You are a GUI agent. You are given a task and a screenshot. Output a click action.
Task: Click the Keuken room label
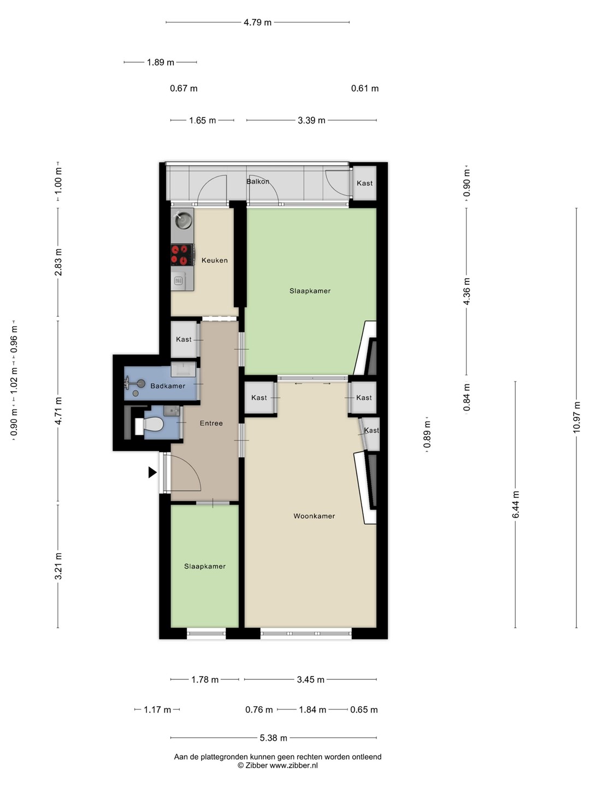[x=214, y=260]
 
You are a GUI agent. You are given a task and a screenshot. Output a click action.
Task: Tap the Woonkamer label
[x=314, y=516]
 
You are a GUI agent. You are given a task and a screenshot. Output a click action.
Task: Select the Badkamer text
[x=168, y=386]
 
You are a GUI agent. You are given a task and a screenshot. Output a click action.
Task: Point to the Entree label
[x=211, y=423]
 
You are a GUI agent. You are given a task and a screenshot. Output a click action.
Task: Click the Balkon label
[x=257, y=181]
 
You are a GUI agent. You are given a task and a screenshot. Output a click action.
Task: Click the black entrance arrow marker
[x=152, y=473]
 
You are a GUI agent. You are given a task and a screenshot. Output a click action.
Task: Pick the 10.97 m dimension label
[x=576, y=418]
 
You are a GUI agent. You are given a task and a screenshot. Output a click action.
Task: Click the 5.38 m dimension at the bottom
[x=273, y=738]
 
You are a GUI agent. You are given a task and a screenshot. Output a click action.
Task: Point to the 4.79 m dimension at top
[x=257, y=22]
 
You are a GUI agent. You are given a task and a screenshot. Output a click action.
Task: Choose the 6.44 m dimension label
[x=516, y=504]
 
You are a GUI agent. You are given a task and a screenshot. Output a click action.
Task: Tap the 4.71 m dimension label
[x=58, y=410]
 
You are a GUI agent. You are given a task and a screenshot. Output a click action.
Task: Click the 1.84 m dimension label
[x=312, y=709]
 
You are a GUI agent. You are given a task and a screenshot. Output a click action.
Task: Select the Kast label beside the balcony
[x=365, y=183]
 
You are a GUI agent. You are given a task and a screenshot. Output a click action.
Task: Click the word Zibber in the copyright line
[x=256, y=766]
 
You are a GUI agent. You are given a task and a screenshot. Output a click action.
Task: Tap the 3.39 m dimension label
[x=311, y=120]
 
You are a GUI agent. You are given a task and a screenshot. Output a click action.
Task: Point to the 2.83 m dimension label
[x=58, y=262]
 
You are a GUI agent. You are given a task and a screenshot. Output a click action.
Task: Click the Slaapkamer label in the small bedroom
[x=205, y=566]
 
